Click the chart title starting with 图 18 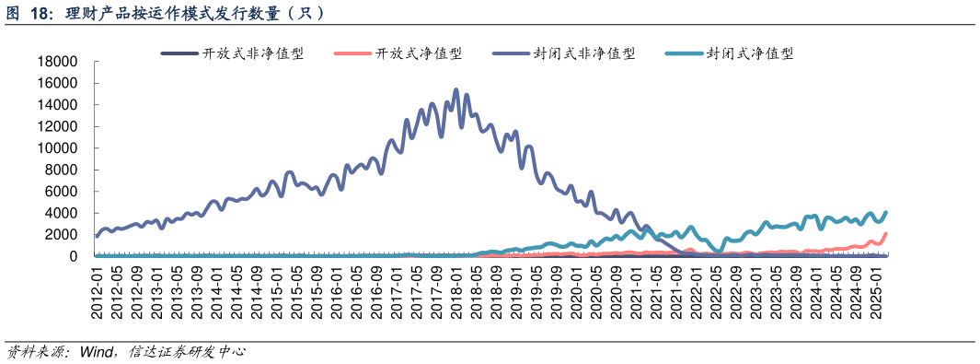pyautogui.click(x=166, y=14)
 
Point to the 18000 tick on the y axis pyautogui.click(x=57, y=62)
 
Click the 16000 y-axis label pyautogui.click(x=57, y=83)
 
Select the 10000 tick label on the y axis pyautogui.click(x=57, y=148)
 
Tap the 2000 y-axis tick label pyautogui.click(x=61, y=235)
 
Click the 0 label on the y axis pyautogui.click(x=73, y=256)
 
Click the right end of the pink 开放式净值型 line pyautogui.click(x=885, y=234)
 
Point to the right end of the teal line pyautogui.click(x=886, y=213)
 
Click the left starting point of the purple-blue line pyautogui.click(x=98, y=237)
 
